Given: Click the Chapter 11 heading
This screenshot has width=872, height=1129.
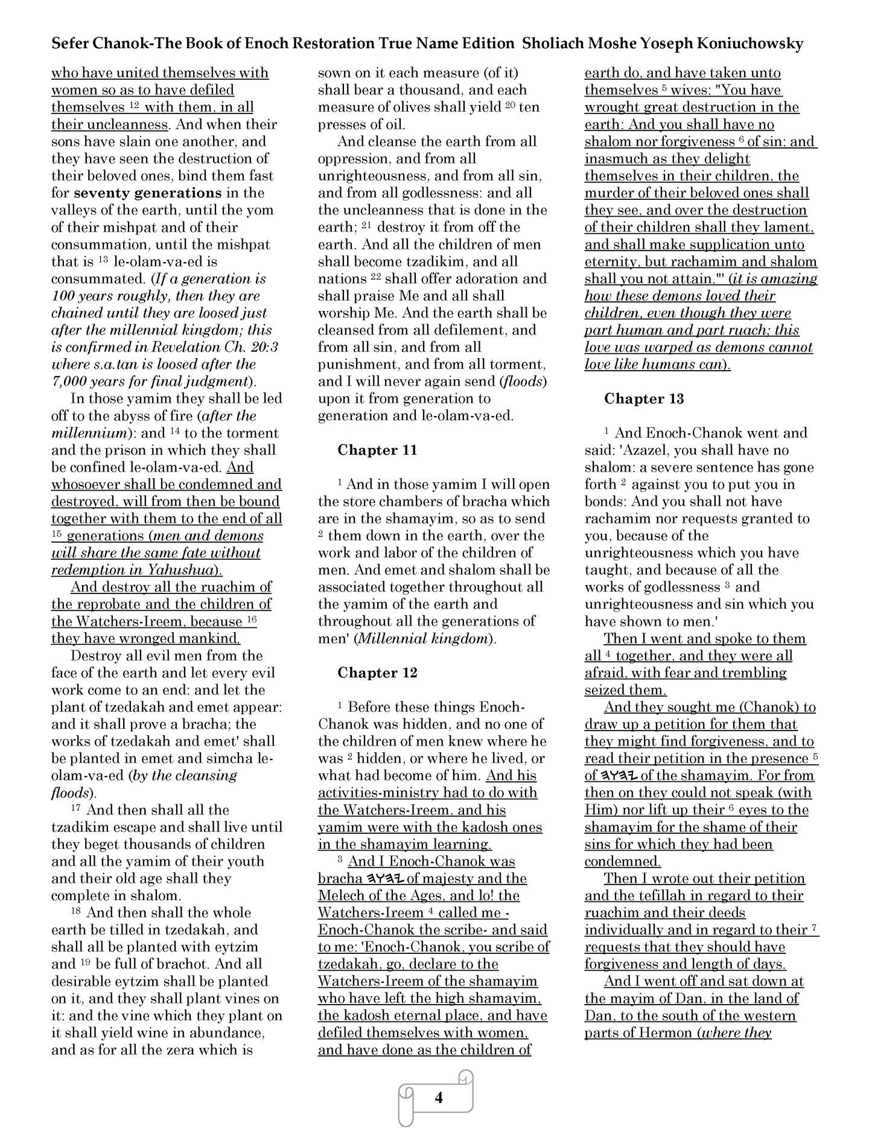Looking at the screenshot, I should click(377, 450).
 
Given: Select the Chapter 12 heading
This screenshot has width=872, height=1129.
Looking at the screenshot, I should click(377, 673).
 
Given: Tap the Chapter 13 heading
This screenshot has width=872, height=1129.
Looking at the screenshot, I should click(644, 398).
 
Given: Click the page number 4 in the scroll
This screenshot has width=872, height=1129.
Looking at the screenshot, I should click(439, 1098).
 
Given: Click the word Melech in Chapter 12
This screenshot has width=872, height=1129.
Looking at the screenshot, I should click(342, 896).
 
